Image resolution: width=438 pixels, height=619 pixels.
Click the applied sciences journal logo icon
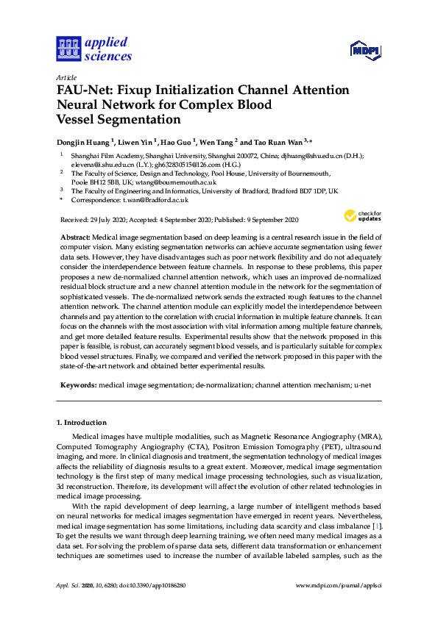68,49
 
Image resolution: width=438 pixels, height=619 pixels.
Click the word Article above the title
65,78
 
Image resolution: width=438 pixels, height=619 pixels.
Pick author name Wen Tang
217,141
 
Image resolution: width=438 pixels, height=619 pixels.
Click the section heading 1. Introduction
82,423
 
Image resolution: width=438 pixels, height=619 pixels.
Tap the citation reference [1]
377,526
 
